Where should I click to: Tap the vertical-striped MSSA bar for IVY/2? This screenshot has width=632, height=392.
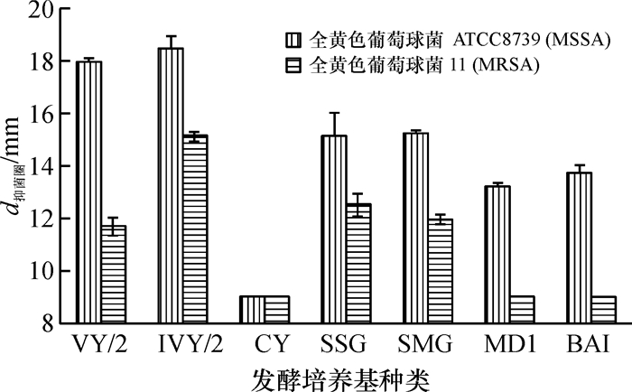click(x=170, y=186)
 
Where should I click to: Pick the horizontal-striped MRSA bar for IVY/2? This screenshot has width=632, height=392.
click(x=194, y=229)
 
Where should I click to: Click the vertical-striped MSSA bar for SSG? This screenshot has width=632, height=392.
click(x=333, y=229)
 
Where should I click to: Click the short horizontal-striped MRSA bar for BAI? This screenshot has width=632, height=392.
click(x=603, y=310)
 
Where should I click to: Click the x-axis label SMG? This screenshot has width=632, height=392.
click(x=427, y=344)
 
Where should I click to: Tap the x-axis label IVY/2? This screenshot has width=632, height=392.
click(x=182, y=344)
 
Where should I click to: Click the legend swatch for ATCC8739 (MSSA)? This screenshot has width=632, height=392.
click(x=293, y=41)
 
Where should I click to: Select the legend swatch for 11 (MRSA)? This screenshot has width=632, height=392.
click(x=293, y=65)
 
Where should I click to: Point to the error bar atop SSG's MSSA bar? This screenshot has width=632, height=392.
click(x=333, y=125)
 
